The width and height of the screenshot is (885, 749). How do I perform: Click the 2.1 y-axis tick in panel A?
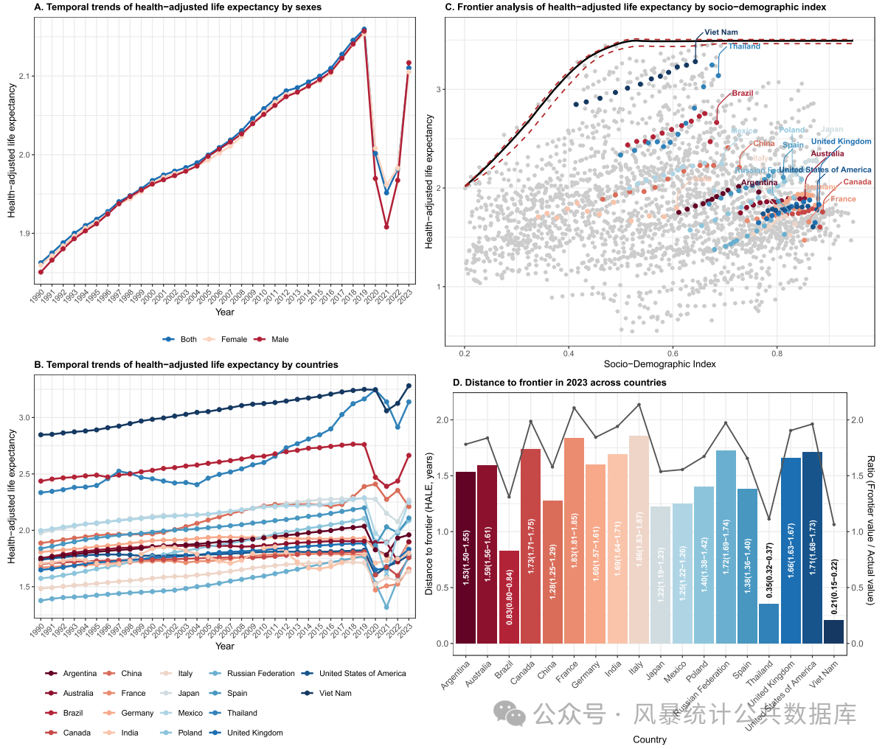pos(24,76)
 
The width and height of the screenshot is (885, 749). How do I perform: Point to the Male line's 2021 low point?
pos(386,226)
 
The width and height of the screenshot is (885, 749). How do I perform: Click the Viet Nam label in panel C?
pos(721,32)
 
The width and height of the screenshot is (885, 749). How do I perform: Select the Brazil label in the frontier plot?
pos(742,94)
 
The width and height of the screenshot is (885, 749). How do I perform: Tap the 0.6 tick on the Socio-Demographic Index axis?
pos(673,353)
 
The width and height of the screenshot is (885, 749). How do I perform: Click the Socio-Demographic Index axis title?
pos(659,364)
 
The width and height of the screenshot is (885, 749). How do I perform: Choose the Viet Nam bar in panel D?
pos(833,631)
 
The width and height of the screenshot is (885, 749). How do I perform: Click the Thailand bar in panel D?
pos(768,624)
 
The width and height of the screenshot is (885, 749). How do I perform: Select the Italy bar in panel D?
pos(639,540)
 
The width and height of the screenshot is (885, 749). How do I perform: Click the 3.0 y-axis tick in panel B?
pos(24,417)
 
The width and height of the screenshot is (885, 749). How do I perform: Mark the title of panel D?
pos(559,383)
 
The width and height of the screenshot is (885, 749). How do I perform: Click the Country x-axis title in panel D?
pos(649,739)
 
